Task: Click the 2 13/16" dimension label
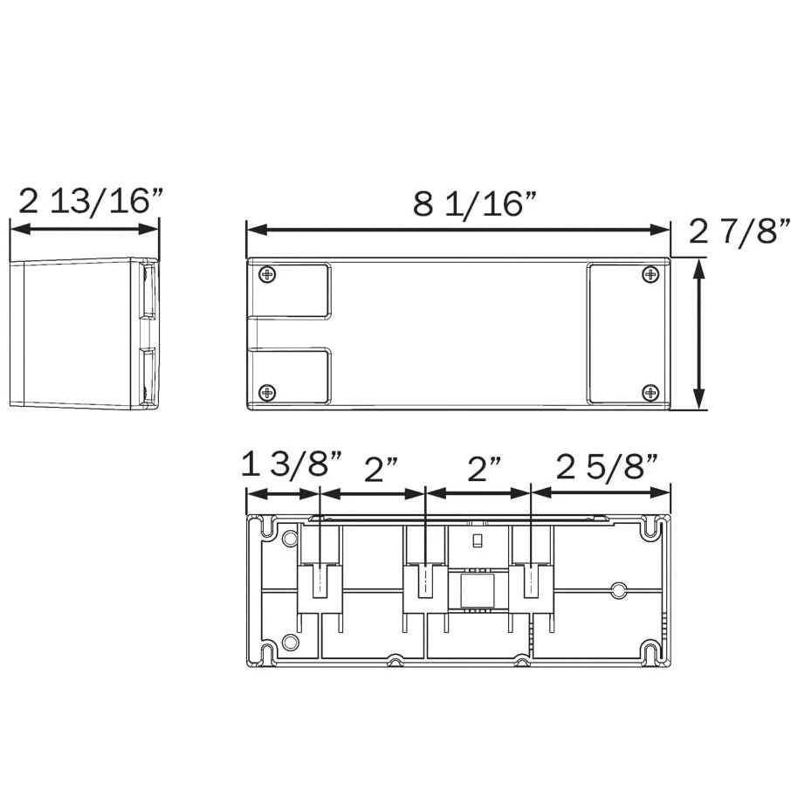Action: (92, 202)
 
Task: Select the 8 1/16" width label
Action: (474, 203)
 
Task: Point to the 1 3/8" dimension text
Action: (292, 464)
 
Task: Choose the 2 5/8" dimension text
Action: (608, 467)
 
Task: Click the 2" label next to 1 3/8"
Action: (381, 470)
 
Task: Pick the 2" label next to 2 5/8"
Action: (485, 470)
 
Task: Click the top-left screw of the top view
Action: (267, 275)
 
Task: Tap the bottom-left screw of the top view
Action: (267, 392)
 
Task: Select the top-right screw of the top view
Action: (650, 275)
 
